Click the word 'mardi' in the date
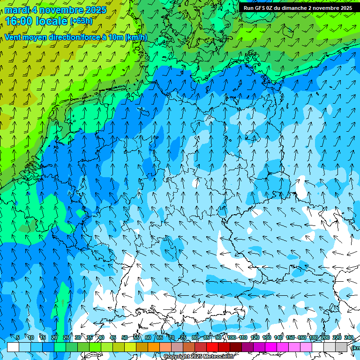coord(17,10)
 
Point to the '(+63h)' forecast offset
coord(81,21)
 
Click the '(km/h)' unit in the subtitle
coord(136,37)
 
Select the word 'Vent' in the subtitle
coord(13,37)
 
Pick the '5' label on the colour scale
coord(18,337)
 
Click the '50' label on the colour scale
coord(125,337)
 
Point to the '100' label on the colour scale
coord(232,337)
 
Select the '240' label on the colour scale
coord(349,337)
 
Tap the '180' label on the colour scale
coord(314,337)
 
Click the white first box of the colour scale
coord(13,347)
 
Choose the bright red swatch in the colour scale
coord(212,347)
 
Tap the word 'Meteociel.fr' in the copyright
coord(218,357)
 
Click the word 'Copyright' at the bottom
coord(176,357)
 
